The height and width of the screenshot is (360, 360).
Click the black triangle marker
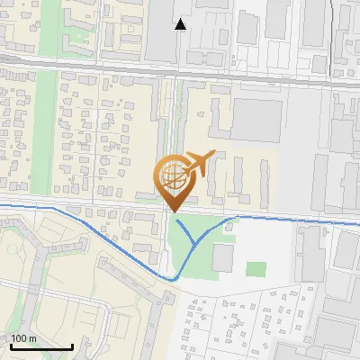pyautogui.click(x=181, y=24)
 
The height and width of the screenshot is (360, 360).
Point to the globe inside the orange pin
pyautogui.click(x=173, y=174)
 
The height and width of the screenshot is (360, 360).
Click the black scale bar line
pyautogui.click(x=41, y=346)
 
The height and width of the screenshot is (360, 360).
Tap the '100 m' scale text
pyautogui.click(x=24, y=338)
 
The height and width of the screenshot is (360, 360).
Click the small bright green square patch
pyautogui.click(x=256, y=269)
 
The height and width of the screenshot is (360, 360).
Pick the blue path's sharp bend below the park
pyautogui.click(x=174, y=279)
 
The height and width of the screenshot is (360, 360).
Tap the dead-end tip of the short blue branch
pyautogui.click(x=176, y=220)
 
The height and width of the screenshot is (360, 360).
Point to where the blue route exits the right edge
pyautogui.click(x=358, y=224)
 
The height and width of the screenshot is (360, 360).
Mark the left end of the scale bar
pyautogui.click(x=11, y=346)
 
